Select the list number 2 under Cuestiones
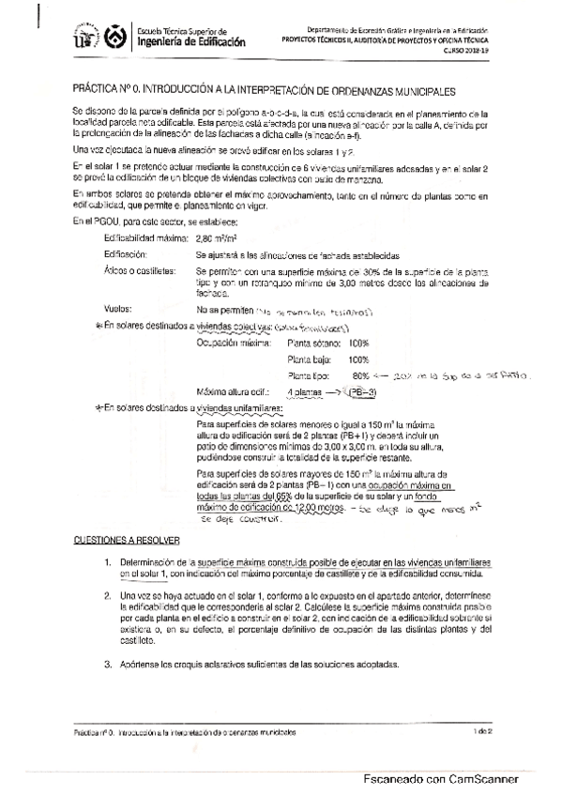108,595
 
